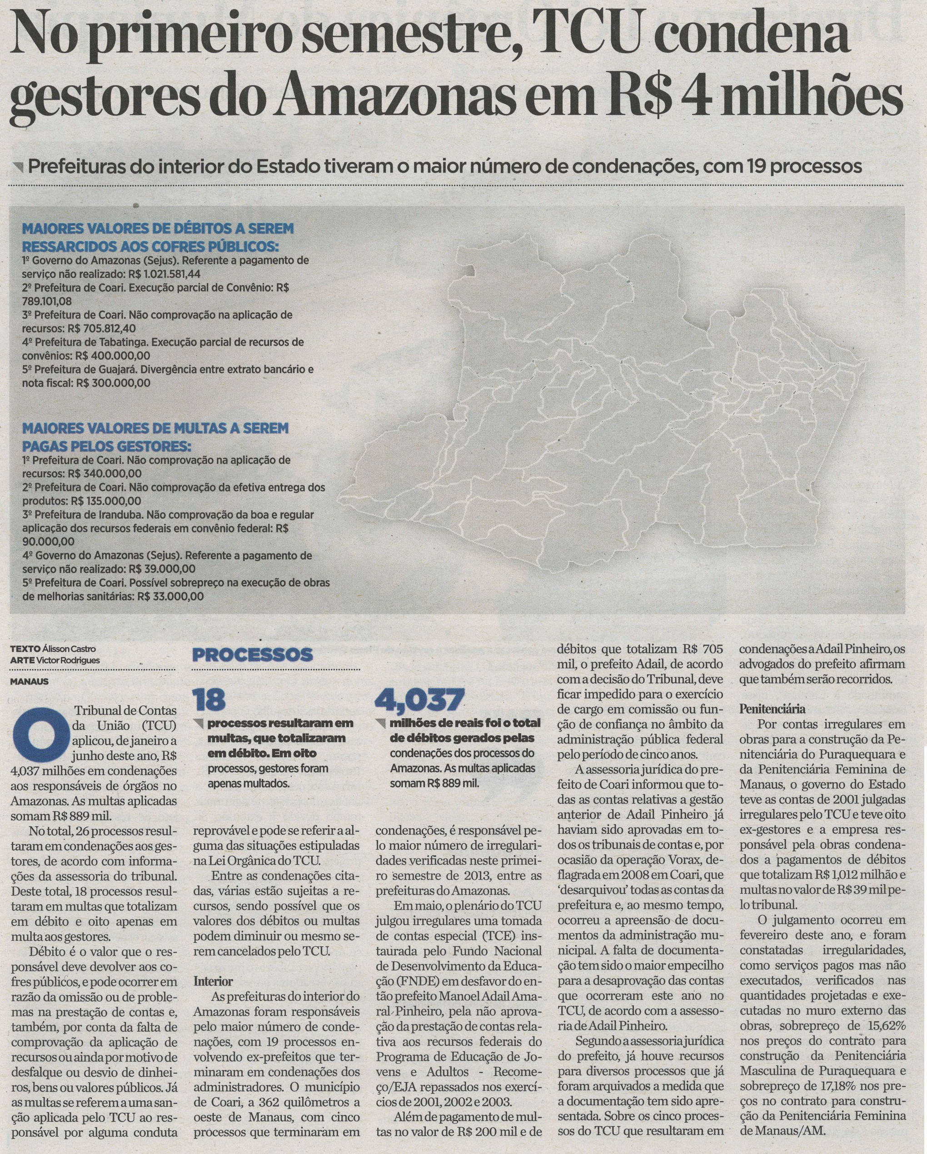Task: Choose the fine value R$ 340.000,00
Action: tap(105, 474)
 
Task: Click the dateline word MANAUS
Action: tap(30, 682)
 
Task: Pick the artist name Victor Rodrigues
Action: tap(69, 660)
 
